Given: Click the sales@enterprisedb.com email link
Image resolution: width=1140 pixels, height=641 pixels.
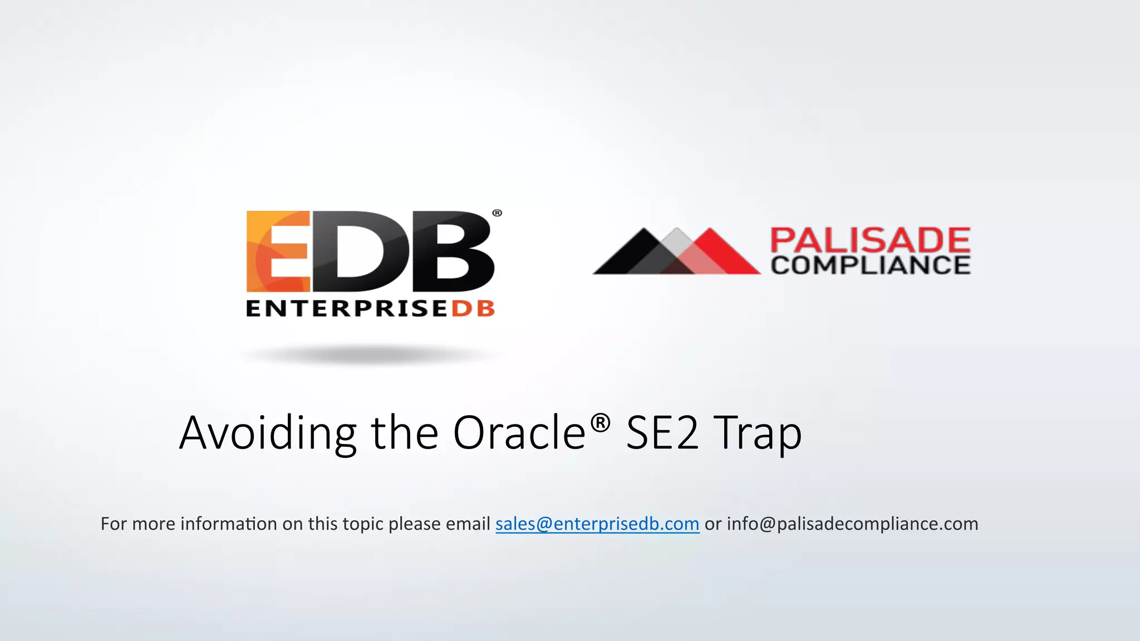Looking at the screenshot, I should [x=597, y=524].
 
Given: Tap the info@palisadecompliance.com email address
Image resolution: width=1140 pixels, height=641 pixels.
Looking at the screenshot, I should [x=852, y=524].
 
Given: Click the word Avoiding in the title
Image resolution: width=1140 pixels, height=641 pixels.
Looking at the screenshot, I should [x=267, y=433].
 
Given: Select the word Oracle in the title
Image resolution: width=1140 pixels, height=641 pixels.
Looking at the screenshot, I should [x=519, y=433].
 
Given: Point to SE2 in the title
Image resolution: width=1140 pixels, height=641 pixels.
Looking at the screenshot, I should [x=662, y=433].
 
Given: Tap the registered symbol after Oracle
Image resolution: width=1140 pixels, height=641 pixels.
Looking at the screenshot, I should [x=600, y=423].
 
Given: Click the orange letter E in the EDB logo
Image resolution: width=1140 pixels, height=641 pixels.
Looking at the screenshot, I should [x=277, y=252].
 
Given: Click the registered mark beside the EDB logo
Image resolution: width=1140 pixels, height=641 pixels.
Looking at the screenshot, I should [x=497, y=213].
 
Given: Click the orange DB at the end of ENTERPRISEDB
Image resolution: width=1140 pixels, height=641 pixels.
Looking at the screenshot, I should [x=473, y=309].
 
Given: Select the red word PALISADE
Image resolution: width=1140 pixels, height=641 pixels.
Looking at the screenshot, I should [x=870, y=240].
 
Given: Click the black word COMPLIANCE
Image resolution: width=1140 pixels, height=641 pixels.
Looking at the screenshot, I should [x=870, y=265].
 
